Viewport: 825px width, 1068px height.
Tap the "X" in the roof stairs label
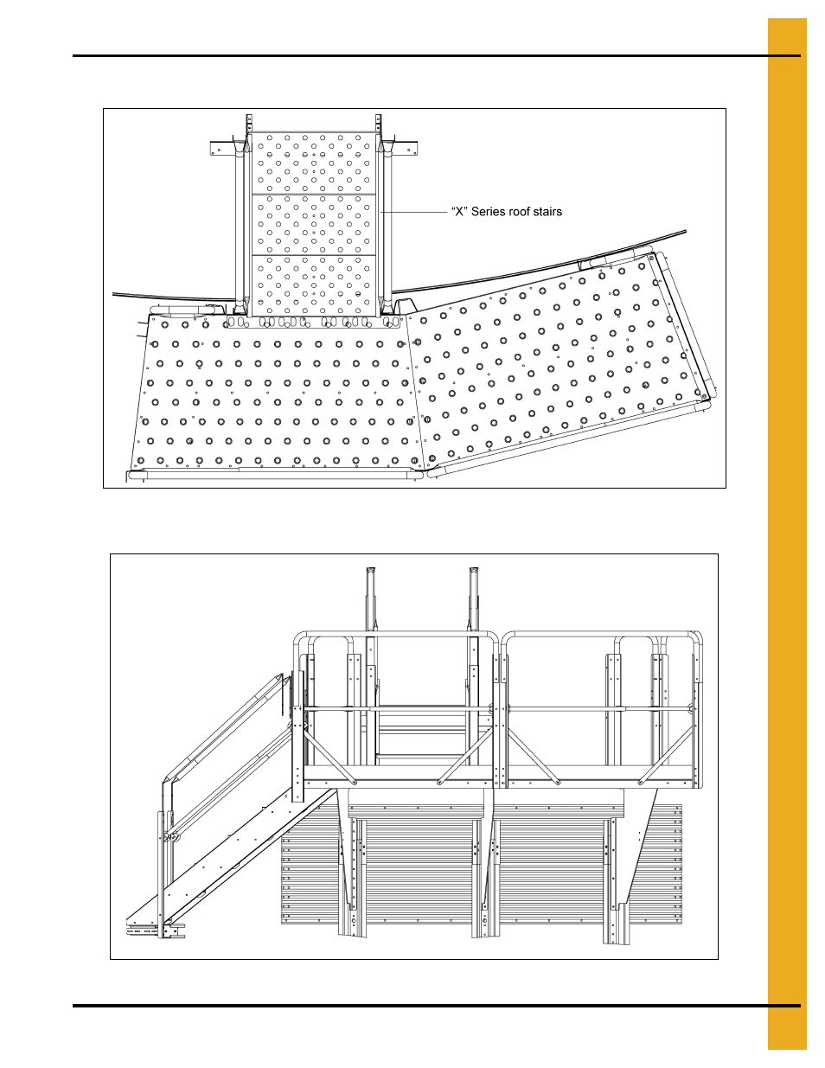(460, 212)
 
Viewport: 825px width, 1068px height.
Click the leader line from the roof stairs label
(415, 212)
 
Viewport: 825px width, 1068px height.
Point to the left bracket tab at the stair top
(222, 148)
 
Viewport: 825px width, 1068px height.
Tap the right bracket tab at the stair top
(406, 148)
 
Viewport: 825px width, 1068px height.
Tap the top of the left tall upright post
(371, 572)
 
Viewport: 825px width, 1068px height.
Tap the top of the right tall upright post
(474, 572)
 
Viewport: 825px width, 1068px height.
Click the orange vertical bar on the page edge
(786, 534)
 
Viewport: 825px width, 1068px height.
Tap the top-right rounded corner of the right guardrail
(696, 637)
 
